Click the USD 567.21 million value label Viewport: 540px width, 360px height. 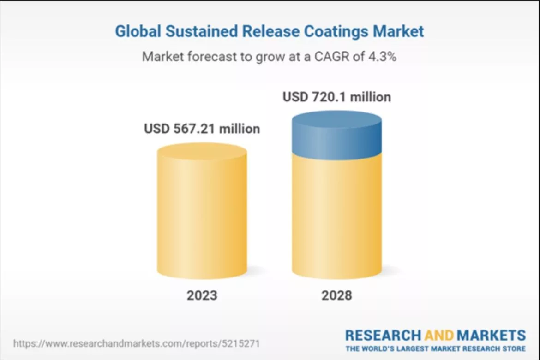tap(202, 128)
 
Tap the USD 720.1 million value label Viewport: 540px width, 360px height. tap(337, 97)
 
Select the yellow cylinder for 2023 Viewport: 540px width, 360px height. tap(202, 212)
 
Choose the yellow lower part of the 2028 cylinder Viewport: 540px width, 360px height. tap(337, 217)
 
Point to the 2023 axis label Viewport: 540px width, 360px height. tap(202, 295)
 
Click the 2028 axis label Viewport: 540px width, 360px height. tap(337, 295)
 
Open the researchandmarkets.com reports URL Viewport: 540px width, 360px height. tap(137, 344)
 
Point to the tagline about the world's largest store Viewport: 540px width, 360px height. tap(435, 348)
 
